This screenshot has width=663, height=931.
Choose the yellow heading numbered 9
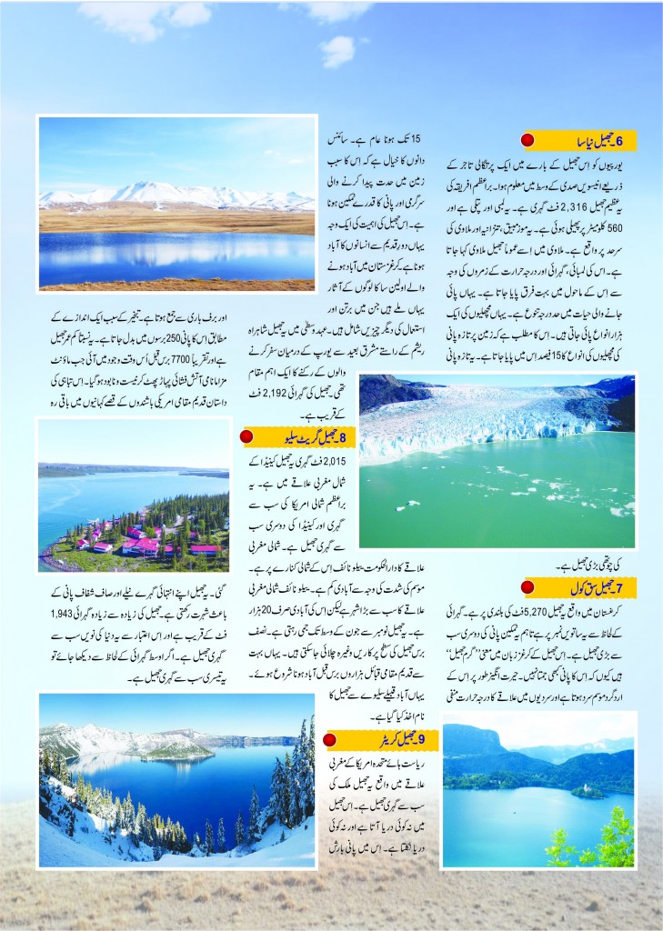(377, 739)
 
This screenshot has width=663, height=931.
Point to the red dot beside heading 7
(527, 585)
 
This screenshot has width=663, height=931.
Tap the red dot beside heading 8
(246, 437)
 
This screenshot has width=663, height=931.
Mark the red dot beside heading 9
(332, 739)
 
